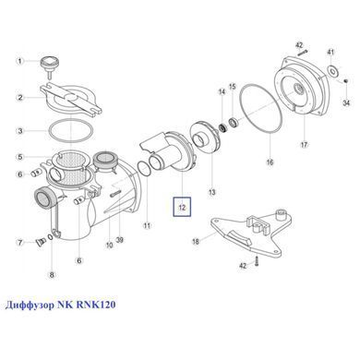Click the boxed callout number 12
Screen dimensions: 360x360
pyautogui.click(x=182, y=207)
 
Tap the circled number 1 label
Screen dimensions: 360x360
pyautogui.click(x=20, y=61)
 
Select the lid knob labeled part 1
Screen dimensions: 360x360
pyautogui.click(x=49, y=66)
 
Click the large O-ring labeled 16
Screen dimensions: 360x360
pyautogui.click(x=261, y=110)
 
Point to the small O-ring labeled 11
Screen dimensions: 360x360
pyautogui.click(x=143, y=169)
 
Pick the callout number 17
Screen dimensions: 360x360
pyautogui.click(x=304, y=144)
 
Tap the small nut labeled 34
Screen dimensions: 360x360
pyautogui.click(x=345, y=81)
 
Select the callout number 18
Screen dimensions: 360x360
pyautogui.click(x=196, y=241)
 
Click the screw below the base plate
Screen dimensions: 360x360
pyautogui.click(x=257, y=260)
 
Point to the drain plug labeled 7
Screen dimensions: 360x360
pyautogui.click(x=40, y=243)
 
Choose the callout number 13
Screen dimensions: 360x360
pyautogui.click(x=212, y=193)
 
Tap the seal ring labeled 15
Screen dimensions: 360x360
pyautogui.click(x=234, y=122)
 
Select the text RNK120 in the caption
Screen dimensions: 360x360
pyautogui.click(x=95, y=305)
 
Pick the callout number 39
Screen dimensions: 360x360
pyautogui.click(x=119, y=239)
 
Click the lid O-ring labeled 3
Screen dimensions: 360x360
pyautogui.click(x=69, y=131)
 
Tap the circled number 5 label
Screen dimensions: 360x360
pyautogui.click(x=20, y=157)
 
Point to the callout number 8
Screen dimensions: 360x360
pyautogui.click(x=52, y=274)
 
